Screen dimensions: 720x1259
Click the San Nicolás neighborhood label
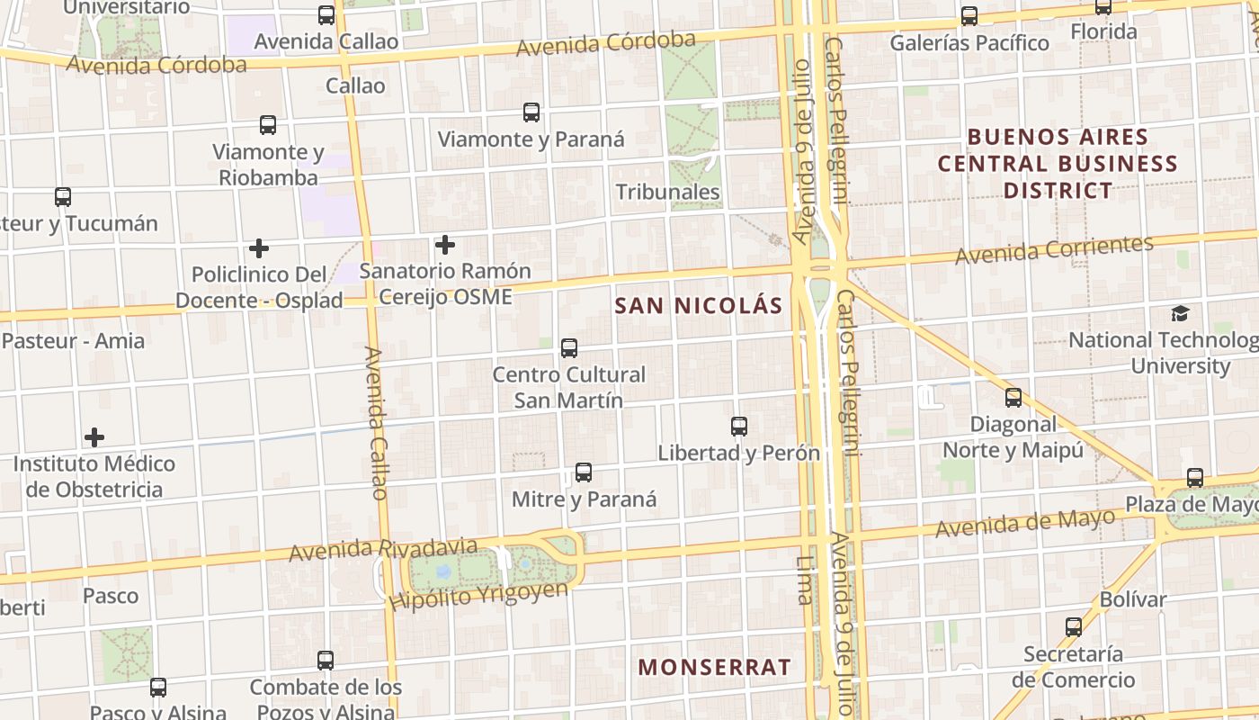pos(699,306)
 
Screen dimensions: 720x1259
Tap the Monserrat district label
pos(714,668)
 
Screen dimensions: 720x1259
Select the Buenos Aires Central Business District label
pos(1058,164)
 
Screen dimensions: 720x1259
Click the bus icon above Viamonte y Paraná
pos(531,112)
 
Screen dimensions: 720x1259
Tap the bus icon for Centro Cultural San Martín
pos(568,348)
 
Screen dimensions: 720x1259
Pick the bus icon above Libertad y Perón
pos(739,427)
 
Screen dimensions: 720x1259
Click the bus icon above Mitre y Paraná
pos(584,472)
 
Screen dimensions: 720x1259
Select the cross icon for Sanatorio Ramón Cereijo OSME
pos(444,245)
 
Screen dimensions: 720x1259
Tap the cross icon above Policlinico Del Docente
pos(259,248)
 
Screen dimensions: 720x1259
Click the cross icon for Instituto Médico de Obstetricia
pos(94,438)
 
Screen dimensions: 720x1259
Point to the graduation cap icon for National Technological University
pos(1180,314)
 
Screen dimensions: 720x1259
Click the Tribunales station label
pos(667,192)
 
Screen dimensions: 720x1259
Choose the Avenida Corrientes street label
pos(1054,250)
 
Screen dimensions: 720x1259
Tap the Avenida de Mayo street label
pos(1025,523)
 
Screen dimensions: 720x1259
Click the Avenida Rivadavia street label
pos(383,548)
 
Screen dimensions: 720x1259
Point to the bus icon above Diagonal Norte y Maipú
pos(1013,398)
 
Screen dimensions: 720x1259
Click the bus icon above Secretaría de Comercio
pos(1074,627)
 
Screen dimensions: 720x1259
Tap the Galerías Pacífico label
pos(969,43)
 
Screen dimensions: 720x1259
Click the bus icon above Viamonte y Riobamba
pos(268,125)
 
